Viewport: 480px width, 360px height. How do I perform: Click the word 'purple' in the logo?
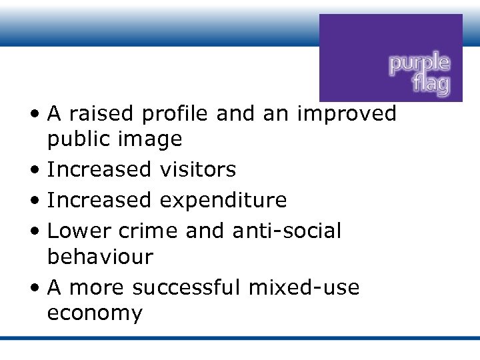(419, 65)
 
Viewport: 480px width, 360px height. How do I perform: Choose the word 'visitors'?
(198, 169)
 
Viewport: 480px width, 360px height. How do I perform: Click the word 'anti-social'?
(287, 231)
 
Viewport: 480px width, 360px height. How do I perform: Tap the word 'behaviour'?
(100, 256)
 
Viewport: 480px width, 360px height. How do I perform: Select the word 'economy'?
(95, 313)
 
